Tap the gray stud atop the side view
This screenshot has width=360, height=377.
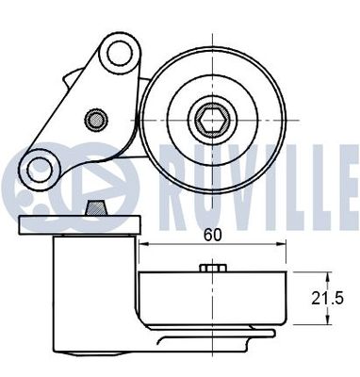pos(95,207)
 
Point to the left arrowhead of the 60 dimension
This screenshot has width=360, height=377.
pos(143,247)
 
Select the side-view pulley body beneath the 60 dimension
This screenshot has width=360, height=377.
pos(215,297)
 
